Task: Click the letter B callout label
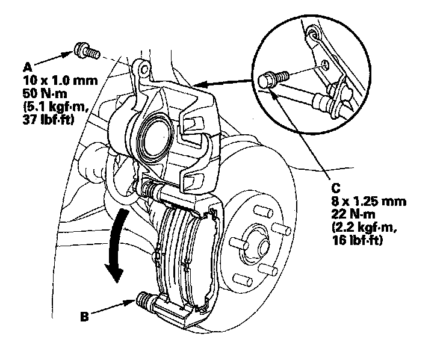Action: pos(85,314)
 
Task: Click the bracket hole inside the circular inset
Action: pos(324,63)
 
